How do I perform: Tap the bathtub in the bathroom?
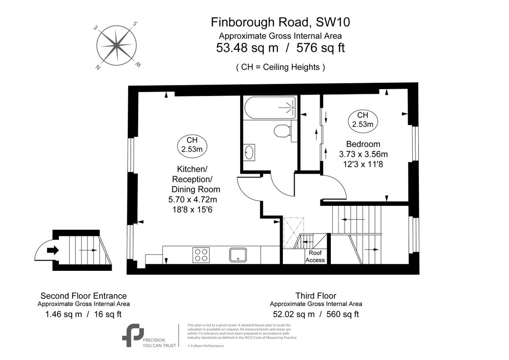(270, 107)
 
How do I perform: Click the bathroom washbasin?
(249, 152)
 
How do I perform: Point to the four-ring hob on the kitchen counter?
(201, 255)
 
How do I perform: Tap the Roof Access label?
(315, 257)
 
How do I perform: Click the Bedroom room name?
(363, 144)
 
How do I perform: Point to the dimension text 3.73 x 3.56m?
(364, 154)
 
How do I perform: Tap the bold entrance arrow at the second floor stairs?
(53, 250)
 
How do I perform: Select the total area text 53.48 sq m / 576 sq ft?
(280, 48)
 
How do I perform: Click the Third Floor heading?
(316, 295)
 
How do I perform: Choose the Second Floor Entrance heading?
(84, 295)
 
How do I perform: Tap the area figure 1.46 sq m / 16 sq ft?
(84, 314)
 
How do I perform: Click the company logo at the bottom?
(133, 335)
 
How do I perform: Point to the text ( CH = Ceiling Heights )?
(280, 67)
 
